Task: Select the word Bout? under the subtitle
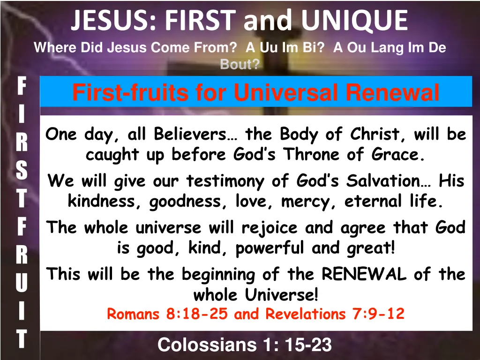pos(240,65)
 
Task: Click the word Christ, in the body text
pos(379,135)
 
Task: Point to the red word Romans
pos(134,314)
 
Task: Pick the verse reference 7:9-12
pos(377,314)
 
